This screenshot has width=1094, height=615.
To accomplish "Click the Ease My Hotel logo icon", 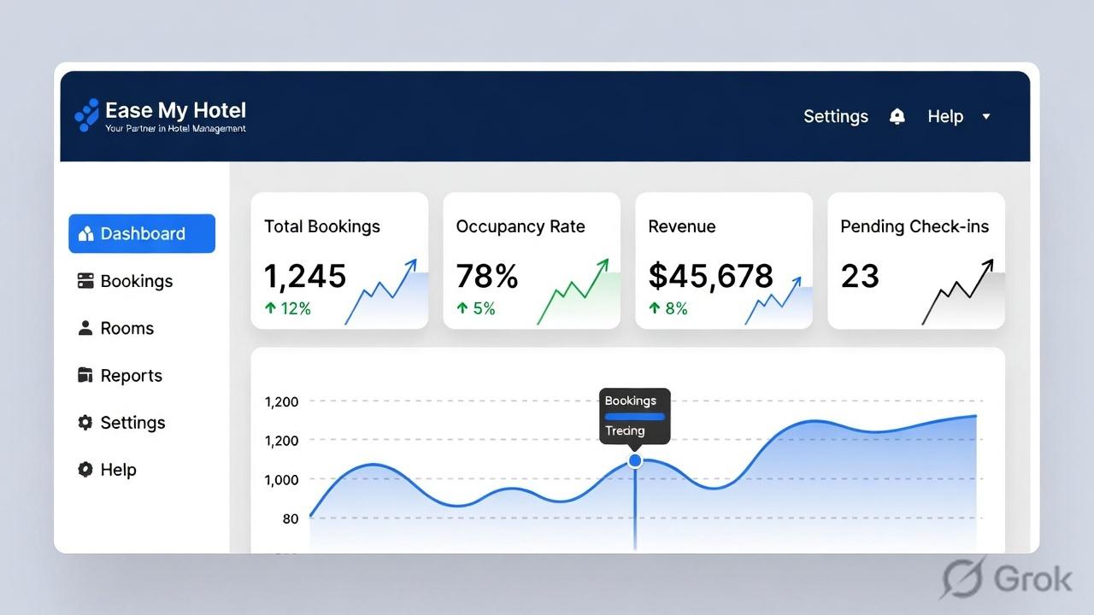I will (86, 115).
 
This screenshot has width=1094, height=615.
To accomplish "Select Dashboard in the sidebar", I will (142, 234).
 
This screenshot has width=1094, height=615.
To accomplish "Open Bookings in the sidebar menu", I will (136, 281).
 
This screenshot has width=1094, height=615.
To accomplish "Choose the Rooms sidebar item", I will (126, 328).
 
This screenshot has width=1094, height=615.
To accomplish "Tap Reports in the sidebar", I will (131, 375).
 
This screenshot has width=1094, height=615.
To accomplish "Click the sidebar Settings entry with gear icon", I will (132, 422).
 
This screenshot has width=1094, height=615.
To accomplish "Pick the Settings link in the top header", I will (835, 116).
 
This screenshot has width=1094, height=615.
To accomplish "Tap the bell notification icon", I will (897, 116).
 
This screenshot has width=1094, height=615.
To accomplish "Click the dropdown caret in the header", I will (985, 116).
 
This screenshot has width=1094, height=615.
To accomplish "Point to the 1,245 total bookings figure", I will (305, 276).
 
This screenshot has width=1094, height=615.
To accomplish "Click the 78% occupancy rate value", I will (487, 276).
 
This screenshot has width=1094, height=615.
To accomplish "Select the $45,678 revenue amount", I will (710, 276).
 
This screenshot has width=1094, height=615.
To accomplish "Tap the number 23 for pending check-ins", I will (860, 276).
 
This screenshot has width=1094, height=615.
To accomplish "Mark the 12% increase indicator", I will (288, 308).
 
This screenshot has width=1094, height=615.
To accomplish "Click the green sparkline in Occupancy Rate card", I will (573, 292).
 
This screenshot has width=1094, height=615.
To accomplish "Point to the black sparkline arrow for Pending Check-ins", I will (957, 292).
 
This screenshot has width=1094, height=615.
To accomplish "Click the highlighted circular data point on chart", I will (635, 460).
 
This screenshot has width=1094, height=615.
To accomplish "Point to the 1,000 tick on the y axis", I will (281, 480).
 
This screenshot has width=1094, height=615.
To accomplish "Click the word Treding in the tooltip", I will (625, 430).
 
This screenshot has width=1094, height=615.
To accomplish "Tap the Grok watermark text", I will (1032, 579).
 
